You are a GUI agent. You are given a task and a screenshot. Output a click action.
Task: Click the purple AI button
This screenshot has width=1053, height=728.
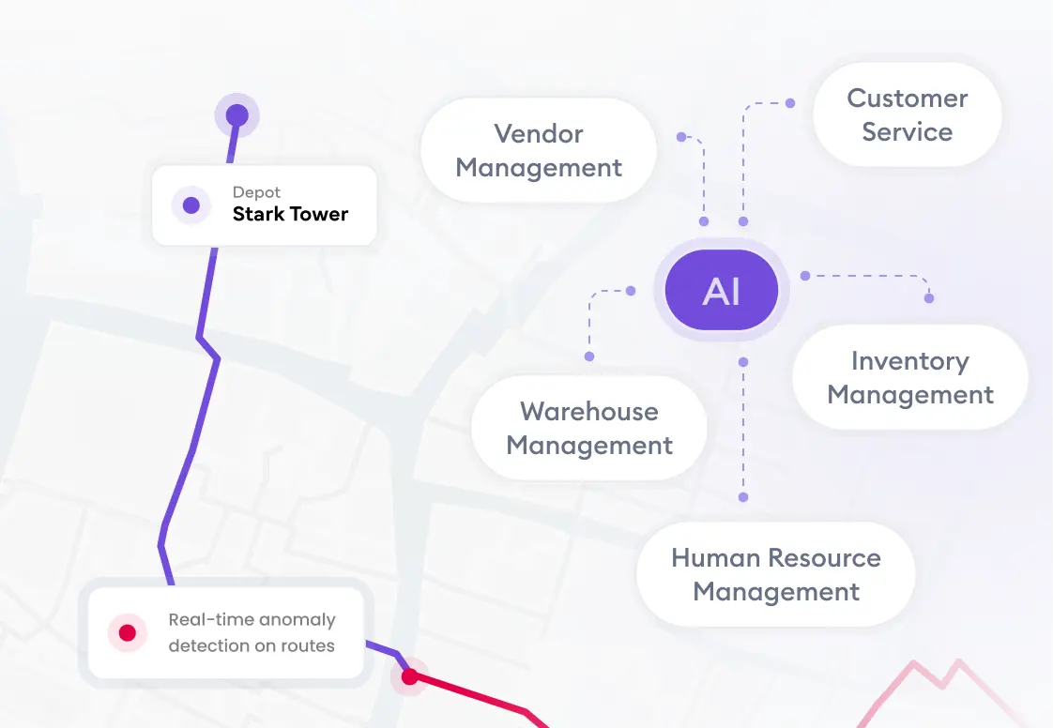[x=721, y=292]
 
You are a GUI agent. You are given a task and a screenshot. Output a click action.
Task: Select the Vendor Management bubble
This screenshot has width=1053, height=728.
[x=538, y=151]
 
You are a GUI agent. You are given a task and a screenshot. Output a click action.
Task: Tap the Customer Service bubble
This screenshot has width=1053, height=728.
[x=907, y=114]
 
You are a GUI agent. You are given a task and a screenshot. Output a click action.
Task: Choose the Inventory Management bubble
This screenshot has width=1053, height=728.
[x=909, y=377]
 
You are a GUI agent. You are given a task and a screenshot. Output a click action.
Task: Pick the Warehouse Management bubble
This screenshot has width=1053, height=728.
[x=588, y=428]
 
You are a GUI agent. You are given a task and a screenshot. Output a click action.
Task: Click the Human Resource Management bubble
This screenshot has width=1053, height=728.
[x=775, y=574]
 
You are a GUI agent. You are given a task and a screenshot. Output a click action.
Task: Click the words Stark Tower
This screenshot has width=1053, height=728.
[x=290, y=214]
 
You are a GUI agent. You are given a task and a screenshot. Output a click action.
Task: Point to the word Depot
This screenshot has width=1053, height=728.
[x=256, y=192]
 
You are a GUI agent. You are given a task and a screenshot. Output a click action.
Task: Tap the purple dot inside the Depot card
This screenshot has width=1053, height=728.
[x=191, y=205]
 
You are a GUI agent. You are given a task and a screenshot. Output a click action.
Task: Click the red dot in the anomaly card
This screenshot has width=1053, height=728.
[x=128, y=633]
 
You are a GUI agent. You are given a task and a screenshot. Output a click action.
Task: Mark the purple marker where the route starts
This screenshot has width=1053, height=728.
[x=237, y=115]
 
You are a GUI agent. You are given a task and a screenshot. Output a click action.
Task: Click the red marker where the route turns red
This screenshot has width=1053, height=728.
[x=409, y=676]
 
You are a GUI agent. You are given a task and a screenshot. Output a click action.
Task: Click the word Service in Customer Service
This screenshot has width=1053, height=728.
[x=907, y=132]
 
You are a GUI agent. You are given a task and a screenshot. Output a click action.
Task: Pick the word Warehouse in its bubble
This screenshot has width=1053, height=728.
[x=588, y=412]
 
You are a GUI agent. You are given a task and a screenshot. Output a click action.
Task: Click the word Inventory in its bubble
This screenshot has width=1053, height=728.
[x=909, y=361]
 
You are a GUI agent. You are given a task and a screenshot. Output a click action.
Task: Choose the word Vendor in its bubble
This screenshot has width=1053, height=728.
[x=538, y=134]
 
